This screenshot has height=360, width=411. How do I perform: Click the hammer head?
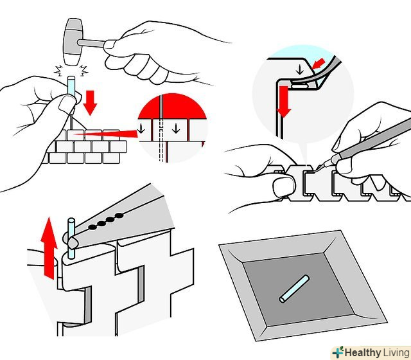coord(73,42)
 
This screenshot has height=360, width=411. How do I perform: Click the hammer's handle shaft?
coord(92,43)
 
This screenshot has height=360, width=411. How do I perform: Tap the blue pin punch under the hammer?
coord(71,87)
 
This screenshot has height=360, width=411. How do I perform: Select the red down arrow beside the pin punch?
coord(90,103)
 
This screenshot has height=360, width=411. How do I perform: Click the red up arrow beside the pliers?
coord(49,248)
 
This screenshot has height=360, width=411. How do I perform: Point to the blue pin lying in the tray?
coord(294,289)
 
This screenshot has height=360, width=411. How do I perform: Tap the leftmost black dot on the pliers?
coord(92,227)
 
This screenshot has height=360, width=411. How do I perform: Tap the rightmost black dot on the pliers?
coord(119,216)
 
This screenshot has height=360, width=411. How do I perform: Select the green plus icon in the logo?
coord(338,352)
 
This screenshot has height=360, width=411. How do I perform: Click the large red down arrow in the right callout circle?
coord(284,102)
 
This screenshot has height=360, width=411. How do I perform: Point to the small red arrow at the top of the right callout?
coord(319,64)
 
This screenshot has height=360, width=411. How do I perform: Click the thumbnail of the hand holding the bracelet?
coord(283,187)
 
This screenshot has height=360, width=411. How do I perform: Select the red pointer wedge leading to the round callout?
coord(105,134)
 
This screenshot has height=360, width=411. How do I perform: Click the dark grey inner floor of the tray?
coord(298,289)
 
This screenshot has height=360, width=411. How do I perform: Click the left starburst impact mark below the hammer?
coord(59,71)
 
